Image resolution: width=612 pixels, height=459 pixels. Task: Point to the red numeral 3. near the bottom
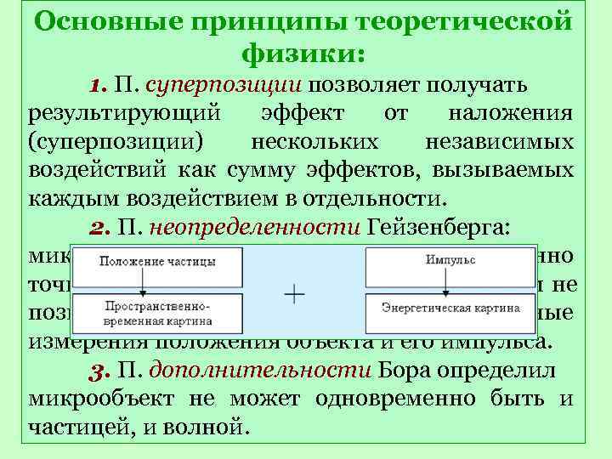(x=100, y=371)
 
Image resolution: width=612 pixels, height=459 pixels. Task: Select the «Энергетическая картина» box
(x=450, y=308)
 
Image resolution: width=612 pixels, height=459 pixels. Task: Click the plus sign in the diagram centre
(x=294, y=296)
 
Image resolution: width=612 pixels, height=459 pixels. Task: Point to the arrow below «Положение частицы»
(x=145, y=282)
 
